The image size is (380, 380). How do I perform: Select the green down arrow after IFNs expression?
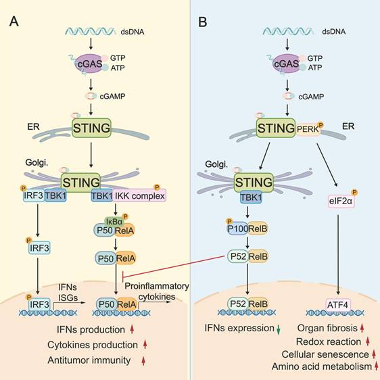277,329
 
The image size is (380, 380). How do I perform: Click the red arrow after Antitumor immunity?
142,360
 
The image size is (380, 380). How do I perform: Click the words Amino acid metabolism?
320,366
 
